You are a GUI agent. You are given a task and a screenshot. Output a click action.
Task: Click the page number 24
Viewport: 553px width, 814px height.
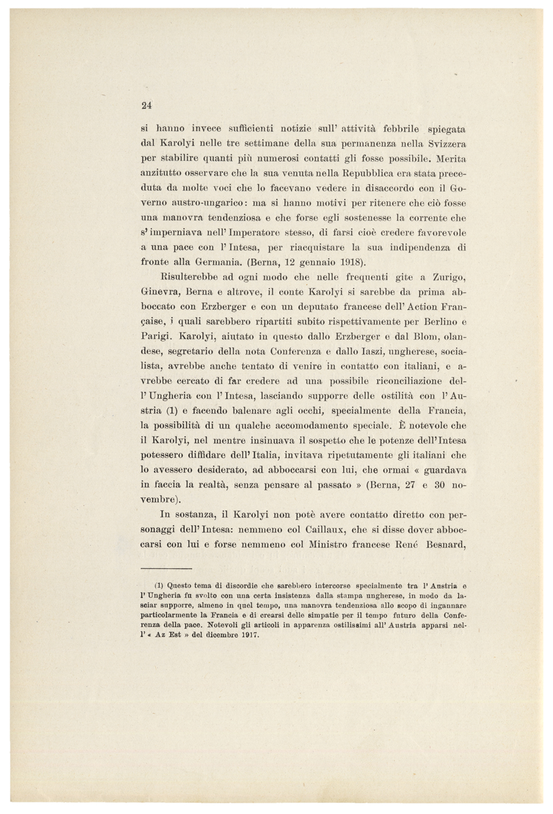point(147,105)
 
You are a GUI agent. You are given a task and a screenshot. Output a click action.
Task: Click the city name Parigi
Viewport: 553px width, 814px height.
point(156,336)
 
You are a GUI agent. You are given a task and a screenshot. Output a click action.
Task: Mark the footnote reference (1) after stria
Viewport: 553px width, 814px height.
point(171,411)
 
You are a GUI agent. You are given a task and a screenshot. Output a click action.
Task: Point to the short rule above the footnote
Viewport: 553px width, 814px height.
point(166,568)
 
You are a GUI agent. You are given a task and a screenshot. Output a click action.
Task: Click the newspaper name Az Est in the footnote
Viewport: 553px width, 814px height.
point(166,635)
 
